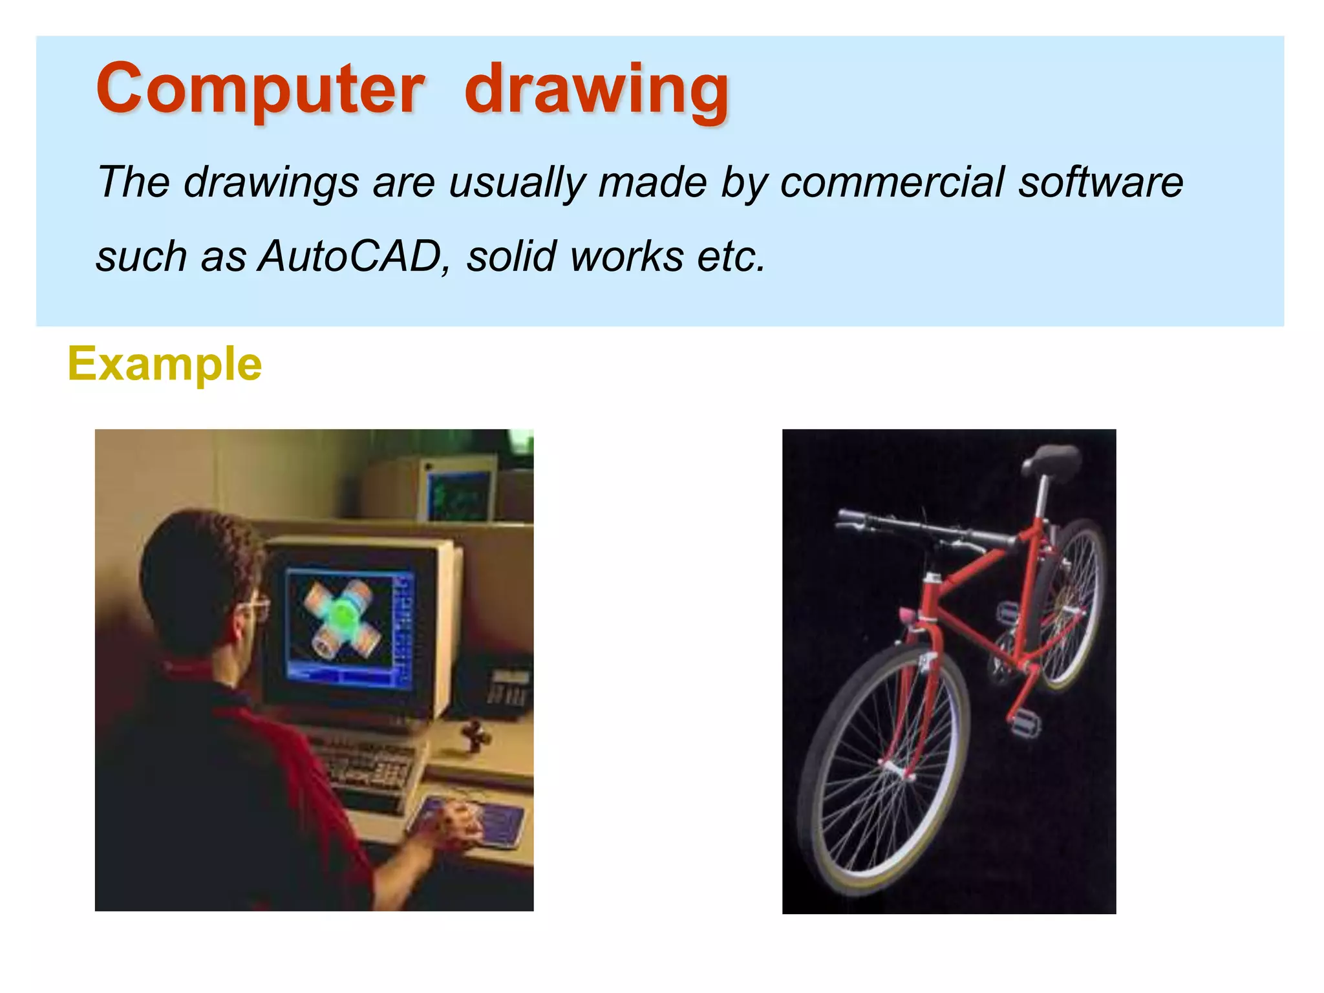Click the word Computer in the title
[260, 89]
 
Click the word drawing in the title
[597, 91]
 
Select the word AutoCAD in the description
[350, 256]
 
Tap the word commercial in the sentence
[892, 182]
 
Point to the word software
[1101, 182]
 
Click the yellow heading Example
[165, 364]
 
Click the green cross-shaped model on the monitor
[343, 617]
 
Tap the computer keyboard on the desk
[368, 766]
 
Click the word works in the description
[626, 257]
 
